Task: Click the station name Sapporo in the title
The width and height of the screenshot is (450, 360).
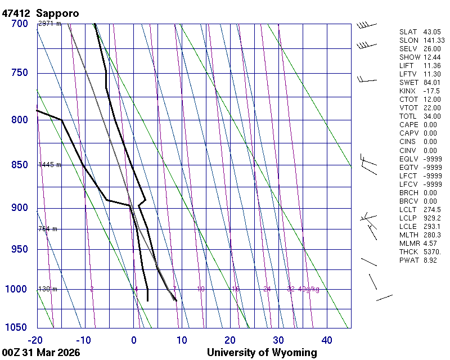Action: (57, 12)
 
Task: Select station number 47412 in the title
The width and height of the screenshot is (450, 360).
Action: (16, 12)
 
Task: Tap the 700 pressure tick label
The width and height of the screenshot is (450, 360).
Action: (19, 24)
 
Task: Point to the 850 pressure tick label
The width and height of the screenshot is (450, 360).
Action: (19, 165)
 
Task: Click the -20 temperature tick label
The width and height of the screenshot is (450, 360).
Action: (35, 340)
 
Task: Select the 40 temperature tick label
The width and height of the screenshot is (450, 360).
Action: (326, 340)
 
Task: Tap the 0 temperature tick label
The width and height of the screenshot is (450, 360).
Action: (134, 340)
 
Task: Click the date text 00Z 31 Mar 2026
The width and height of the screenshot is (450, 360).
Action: (40, 353)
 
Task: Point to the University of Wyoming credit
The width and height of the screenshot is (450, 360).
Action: (262, 353)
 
